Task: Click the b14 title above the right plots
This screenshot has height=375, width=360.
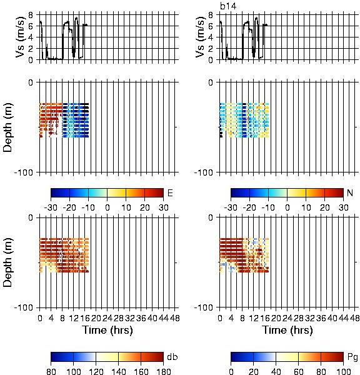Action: (228, 6)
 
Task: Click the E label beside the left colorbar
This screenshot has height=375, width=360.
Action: (170, 192)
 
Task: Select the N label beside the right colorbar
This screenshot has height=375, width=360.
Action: (350, 192)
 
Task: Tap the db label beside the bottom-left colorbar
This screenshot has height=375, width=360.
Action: (172, 357)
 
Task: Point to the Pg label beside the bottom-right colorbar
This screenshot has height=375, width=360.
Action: (352, 357)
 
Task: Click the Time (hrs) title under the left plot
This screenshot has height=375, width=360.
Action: (107, 330)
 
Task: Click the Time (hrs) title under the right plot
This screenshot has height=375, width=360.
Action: (287, 330)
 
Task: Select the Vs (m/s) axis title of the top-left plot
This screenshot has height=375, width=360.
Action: (21, 37)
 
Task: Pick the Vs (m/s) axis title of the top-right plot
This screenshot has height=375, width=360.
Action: (201, 37)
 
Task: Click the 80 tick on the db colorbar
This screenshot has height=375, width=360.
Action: (51, 371)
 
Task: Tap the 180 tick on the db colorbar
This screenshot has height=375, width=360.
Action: (163, 371)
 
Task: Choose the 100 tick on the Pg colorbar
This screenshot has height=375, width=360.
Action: (343, 371)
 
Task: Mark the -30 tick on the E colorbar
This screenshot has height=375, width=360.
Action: (51, 207)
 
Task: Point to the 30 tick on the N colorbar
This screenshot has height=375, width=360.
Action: (343, 207)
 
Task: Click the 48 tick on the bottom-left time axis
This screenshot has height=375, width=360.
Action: (174, 318)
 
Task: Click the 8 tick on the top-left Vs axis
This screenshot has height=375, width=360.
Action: (31, 15)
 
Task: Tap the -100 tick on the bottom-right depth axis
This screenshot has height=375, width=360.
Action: (203, 307)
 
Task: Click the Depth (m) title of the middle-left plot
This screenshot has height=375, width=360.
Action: (7, 127)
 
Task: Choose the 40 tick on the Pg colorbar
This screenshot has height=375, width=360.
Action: (276, 371)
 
